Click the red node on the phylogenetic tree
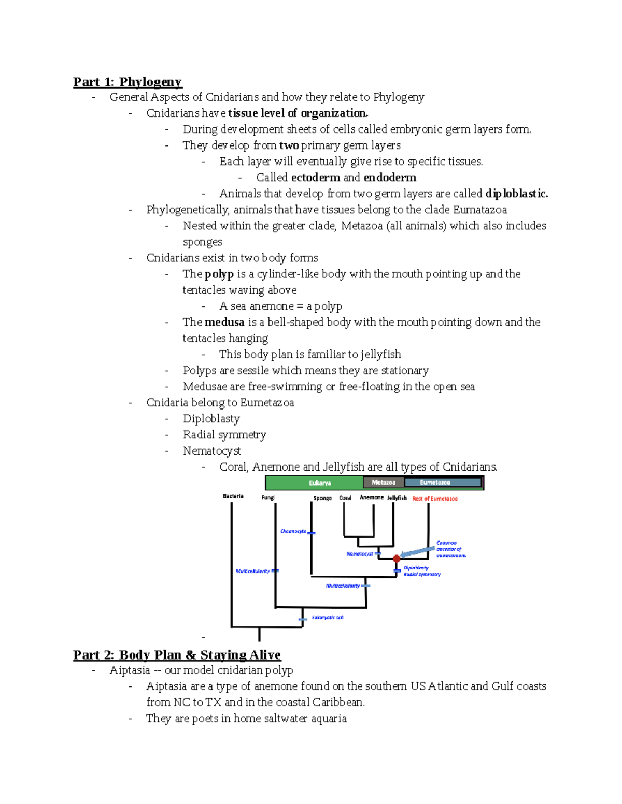point(397,559)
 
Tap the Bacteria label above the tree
point(233,496)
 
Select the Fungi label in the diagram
point(268,498)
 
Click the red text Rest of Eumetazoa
point(434,499)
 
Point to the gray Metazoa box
point(383,483)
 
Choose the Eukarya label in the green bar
point(320,483)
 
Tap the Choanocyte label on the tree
point(293,531)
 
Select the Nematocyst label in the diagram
point(359,554)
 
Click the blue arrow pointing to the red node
point(418,552)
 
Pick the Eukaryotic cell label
point(327,618)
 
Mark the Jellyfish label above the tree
point(397,498)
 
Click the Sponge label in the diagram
point(322,498)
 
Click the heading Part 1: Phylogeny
point(127,82)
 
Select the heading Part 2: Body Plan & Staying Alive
point(177,655)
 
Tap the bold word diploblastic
point(516,194)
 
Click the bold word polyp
point(219,274)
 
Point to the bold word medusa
point(224,323)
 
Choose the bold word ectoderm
point(316,178)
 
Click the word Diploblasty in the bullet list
point(211,419)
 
